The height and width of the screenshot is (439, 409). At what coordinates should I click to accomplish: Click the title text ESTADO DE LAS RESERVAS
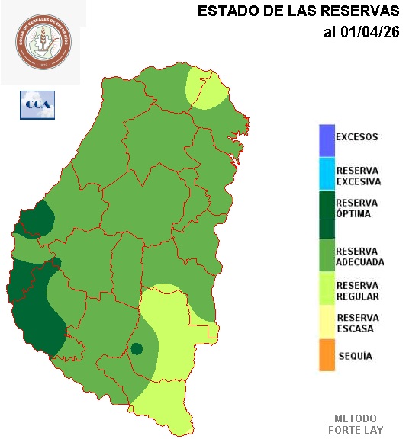point(298,11)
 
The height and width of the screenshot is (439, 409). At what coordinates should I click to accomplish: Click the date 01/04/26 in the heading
point(371,32)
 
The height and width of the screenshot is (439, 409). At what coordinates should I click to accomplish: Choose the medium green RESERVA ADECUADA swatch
point(327,255)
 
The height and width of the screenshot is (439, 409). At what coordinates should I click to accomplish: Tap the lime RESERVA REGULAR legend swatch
point(327,290)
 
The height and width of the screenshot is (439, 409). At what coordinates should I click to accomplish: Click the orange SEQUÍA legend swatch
point(327,356)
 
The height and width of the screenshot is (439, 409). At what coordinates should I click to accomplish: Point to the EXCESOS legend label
point(357,138)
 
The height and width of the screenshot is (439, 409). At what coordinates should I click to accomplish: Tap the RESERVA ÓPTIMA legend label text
point(357,208)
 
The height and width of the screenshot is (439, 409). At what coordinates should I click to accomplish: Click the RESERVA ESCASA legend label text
point(357,323)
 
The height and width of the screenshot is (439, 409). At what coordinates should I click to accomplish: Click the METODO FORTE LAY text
point(356,425)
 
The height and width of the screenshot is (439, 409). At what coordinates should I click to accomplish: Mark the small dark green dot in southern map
point(137,349)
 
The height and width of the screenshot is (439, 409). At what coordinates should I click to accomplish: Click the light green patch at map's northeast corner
point(206,88)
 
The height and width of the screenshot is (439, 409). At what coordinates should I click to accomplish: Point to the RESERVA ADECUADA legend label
point(359,256)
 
